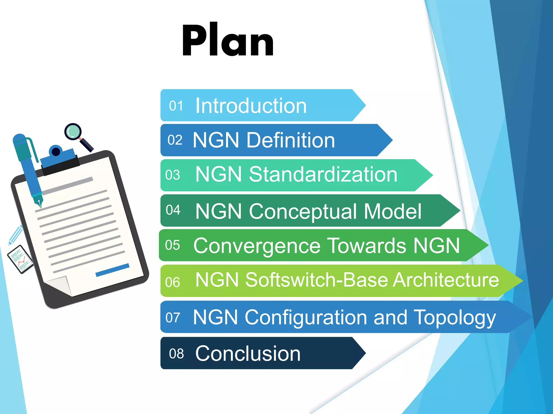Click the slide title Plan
coord(228,40)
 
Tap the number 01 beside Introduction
coord(176,106)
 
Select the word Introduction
coord(251,106)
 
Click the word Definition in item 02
coord(291,140)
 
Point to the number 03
coord(173,175)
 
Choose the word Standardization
coord(323,174)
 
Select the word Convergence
coord(257,246)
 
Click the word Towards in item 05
coord(367,246)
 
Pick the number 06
coord(173,282)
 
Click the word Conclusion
coord(248,353)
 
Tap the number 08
coord(176,354)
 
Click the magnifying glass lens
coord(73,132)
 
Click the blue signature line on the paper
coord(112,270)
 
